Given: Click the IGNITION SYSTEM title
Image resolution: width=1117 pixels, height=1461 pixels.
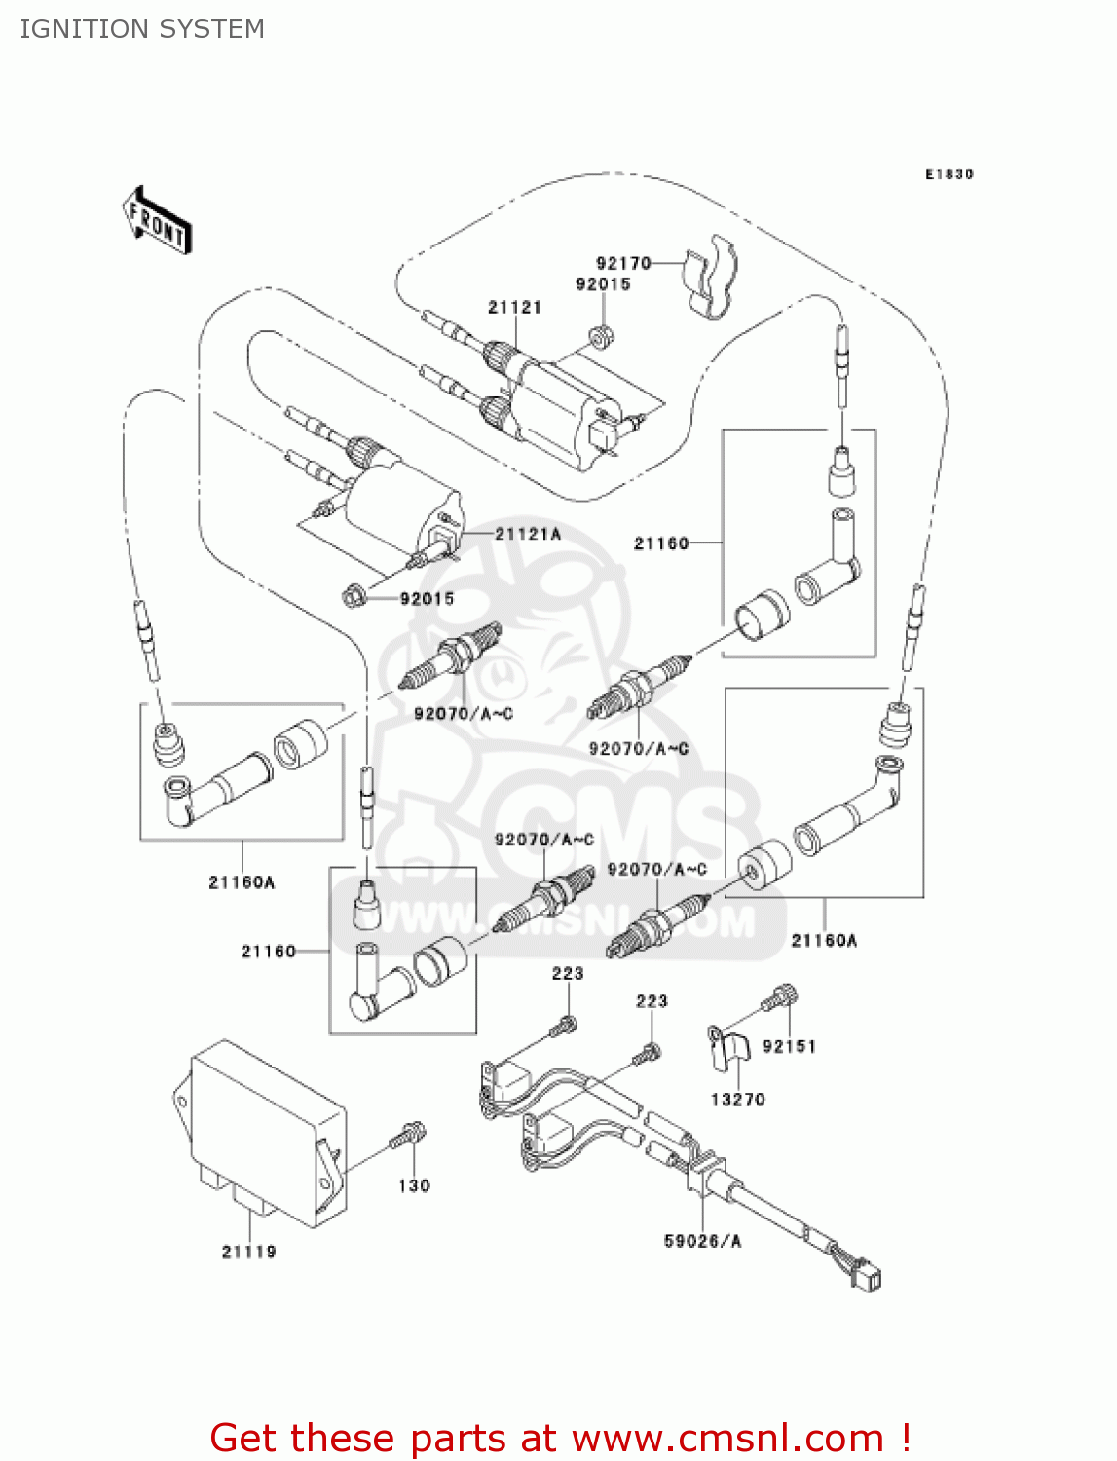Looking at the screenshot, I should (142, 29).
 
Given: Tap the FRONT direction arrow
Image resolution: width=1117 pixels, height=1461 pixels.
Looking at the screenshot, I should (157, 221).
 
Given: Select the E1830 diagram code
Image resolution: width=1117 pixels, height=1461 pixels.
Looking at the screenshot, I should (949, 174).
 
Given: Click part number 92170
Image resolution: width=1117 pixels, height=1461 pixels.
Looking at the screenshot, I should (623, 263).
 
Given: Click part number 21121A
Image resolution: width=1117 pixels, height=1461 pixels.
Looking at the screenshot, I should (528, 534).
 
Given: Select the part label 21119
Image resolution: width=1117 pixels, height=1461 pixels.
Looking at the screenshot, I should (248, 1252).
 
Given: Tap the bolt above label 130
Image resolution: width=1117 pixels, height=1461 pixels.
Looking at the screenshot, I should (409, 1136).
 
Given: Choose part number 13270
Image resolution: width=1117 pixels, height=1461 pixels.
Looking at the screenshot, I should (737, 1100).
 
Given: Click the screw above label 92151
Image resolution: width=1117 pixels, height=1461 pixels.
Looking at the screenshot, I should (780, 998).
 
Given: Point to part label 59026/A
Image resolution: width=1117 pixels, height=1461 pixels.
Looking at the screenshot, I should (702, 1241).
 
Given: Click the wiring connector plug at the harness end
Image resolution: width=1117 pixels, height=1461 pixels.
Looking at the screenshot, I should (866, 1275).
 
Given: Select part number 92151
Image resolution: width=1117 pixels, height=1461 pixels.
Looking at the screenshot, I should (789, 1046).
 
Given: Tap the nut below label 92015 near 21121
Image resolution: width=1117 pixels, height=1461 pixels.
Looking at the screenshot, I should (601, 336).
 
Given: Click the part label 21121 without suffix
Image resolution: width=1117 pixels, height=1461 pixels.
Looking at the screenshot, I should (514, 307).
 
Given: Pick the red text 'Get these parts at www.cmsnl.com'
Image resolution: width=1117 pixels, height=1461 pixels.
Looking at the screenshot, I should (560, 1438).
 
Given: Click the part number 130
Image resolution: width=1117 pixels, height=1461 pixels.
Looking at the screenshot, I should (414, 1185).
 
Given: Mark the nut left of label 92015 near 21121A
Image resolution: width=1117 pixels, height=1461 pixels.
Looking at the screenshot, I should (355, 593).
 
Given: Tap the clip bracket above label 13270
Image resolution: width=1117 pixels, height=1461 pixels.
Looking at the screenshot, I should (728, 1048).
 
